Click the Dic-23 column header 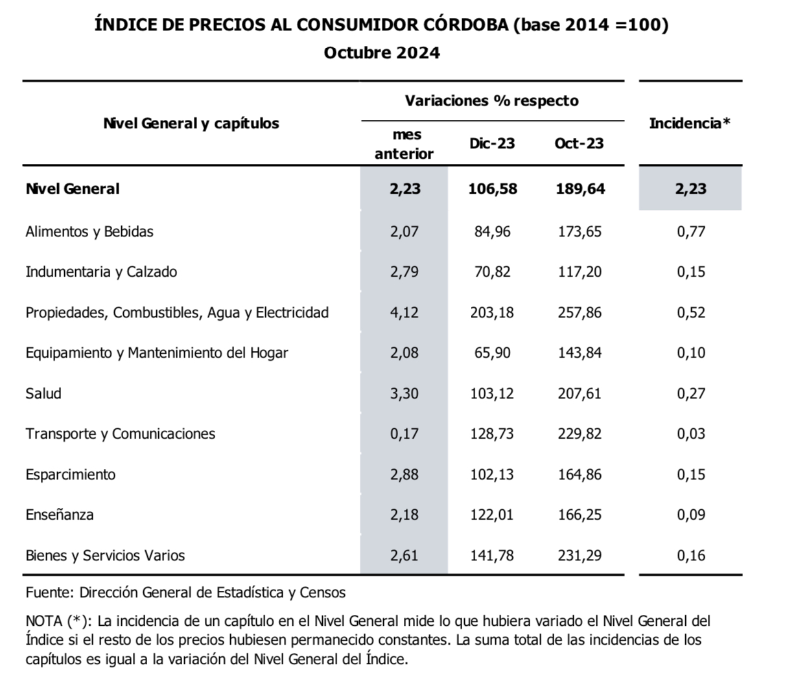pyautogui.click(x=492, y=143)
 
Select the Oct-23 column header pyautogui.click(x=579, y=143)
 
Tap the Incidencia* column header pyautogui.click(x=690, y=123)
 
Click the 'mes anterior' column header pyautogui.click(x=404, y=144)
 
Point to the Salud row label pyautogui.click(x=43, y=393)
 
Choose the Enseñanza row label pyautogui.click(x=60, y=515)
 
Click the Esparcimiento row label pyautogui.click(x=71, y=474)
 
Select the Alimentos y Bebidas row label pyautogui.click(x=89, y=231)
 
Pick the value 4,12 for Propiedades pyautogui.click(x=404, y=312)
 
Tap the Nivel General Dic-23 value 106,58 pyautogui.click(x=493, y=189)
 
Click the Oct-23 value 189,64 pyautogui.click(x=580, y=189)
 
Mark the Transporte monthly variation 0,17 pyautogui.click(x=404, y=433)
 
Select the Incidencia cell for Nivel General pyautogui.click(x=690, y=189)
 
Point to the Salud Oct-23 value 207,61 pyautogui.click(x=580, y=393)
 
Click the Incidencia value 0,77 pyautogui.click(x=691, y=231)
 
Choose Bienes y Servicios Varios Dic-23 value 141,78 pyautogui.click(x=492, y=555)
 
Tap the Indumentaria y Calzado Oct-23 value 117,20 pyautogui.click(x=580, y=271)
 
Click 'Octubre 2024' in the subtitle pyautogui.click(x=382, y=52)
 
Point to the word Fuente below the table pyautogui.click(x=49, y=592)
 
